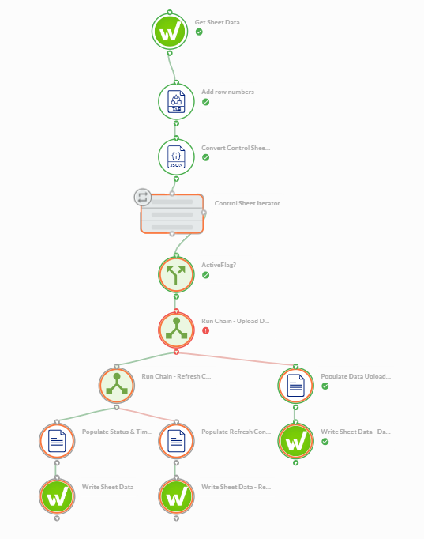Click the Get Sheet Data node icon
coord(170,32)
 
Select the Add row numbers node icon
coord(176,102)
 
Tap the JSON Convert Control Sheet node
coord(176,157)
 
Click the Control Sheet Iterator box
coord(172,214)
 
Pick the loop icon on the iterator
coord(142,198)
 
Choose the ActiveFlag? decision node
coord(176,275)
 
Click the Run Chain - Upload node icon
coord(176,330)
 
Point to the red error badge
coord(205,330)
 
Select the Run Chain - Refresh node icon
coord(117,386)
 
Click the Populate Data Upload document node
coord(295,386)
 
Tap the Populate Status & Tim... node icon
coord(57,441)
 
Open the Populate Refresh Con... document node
coord(176,441)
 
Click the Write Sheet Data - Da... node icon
coord(295,441)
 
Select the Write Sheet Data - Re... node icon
coord(176,497)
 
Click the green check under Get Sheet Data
coord(199,32)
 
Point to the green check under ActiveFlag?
coord(205,275)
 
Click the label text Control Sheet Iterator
coord(247,203)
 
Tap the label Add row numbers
coord(227,92)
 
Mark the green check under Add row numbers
coord(205,102)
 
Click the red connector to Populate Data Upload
coord(236,359)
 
